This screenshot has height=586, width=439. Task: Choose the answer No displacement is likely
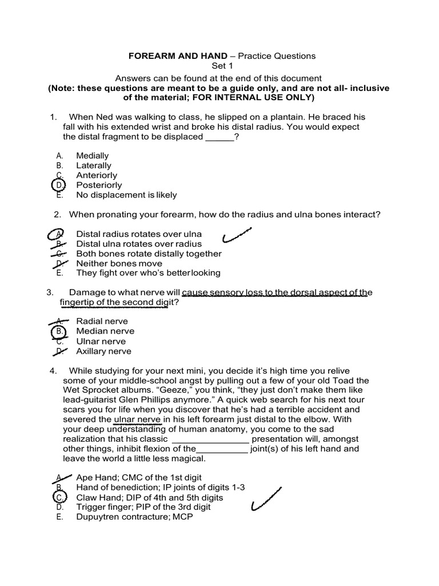click(126, 195)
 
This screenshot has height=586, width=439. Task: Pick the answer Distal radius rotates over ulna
click(139, 234)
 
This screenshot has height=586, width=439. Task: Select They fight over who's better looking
click(148, 273)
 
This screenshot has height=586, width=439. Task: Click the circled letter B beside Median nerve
click(58, 331)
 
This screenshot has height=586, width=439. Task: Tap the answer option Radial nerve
click(102, 321)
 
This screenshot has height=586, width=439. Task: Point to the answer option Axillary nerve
click(103, 351)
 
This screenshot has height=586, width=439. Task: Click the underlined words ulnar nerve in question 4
click(138, 419)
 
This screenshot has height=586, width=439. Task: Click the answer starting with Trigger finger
click(143, 507)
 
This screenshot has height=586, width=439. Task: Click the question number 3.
click(50, 292)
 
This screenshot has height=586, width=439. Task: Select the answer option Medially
click(92, 156)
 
